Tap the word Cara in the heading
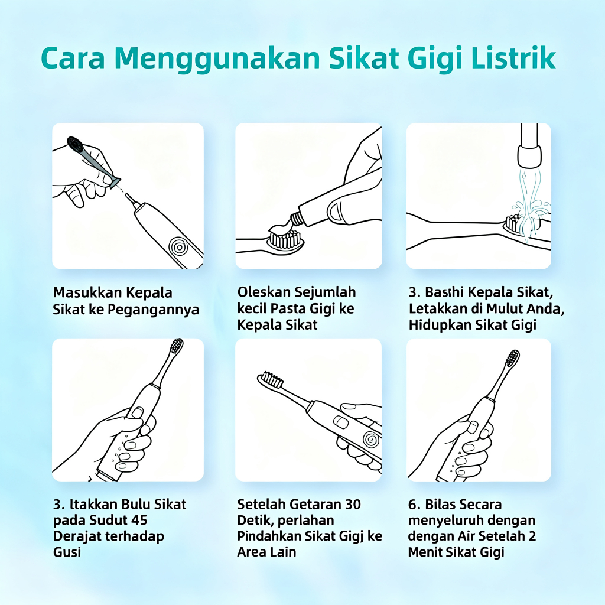pyautogui.click(x=73, y=58)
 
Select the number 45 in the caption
pyautogui.click(x=139, y=520)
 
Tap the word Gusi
pyautogui.click(x=67, y=552)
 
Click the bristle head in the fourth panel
pyautogui.click(x=177, y=346)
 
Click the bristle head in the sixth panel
pyautogui.click(x=513, y=358)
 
